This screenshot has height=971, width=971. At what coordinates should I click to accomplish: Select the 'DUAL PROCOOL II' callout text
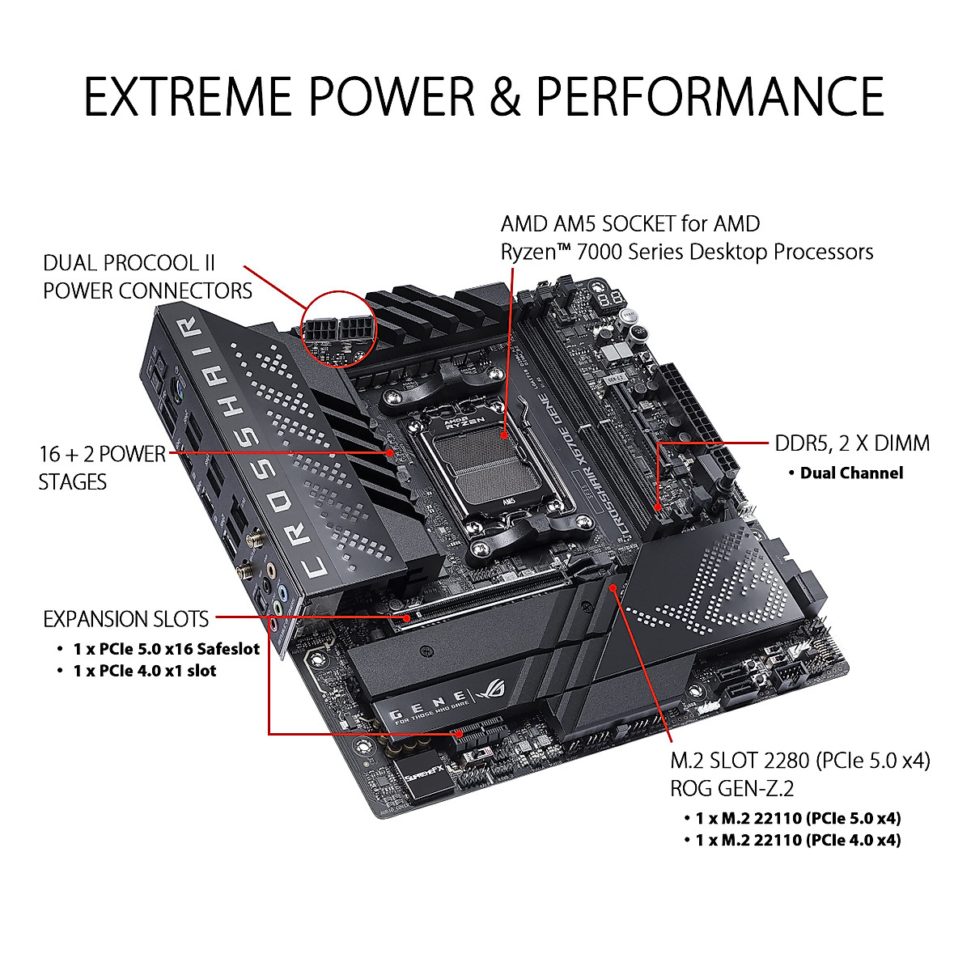129,263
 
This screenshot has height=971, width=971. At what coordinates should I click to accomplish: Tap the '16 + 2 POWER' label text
102,454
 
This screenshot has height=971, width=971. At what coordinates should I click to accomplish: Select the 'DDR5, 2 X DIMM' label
852,443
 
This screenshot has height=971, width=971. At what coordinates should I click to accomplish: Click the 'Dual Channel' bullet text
851,473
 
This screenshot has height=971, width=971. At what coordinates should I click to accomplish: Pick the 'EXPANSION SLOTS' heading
126,620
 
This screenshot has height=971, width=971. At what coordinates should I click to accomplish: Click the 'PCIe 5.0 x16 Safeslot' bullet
166,649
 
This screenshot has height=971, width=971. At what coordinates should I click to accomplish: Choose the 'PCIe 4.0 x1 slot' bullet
144,671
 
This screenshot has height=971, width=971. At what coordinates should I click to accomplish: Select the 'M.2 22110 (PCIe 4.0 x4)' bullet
797,840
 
